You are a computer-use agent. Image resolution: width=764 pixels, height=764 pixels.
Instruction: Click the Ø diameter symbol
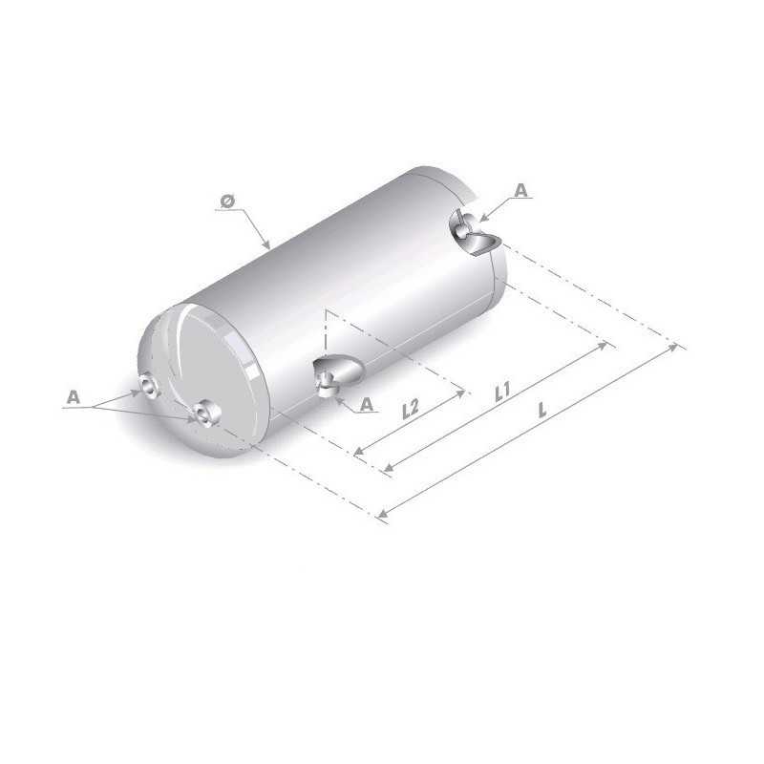tap(226, 201)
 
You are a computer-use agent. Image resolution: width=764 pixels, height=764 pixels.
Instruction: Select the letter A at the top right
tap(520, 191)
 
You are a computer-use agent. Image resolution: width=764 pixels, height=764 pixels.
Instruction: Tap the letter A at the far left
tap(73, 394)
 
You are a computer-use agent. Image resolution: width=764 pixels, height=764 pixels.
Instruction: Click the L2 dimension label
tap(410, 410)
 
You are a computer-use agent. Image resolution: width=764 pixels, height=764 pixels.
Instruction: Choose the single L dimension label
tap(542, 411)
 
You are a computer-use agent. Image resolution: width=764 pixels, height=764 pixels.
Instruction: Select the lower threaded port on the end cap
tap(204, 414)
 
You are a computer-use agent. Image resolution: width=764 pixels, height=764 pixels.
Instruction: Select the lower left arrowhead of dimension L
tap(382, 516)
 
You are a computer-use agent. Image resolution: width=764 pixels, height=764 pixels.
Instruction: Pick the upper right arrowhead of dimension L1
tap(605, 345)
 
